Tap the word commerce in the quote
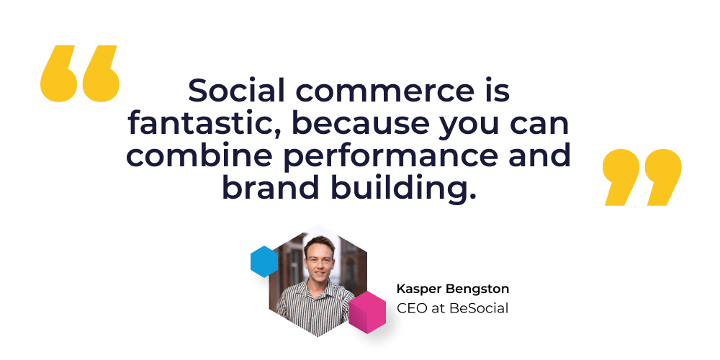point(387,91)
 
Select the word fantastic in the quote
point(204,123)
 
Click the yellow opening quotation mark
point(80,73)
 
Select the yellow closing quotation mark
point(642,177)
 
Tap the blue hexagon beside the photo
point(264,261)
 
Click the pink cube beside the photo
point(367,312)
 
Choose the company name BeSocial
point(479,308)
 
